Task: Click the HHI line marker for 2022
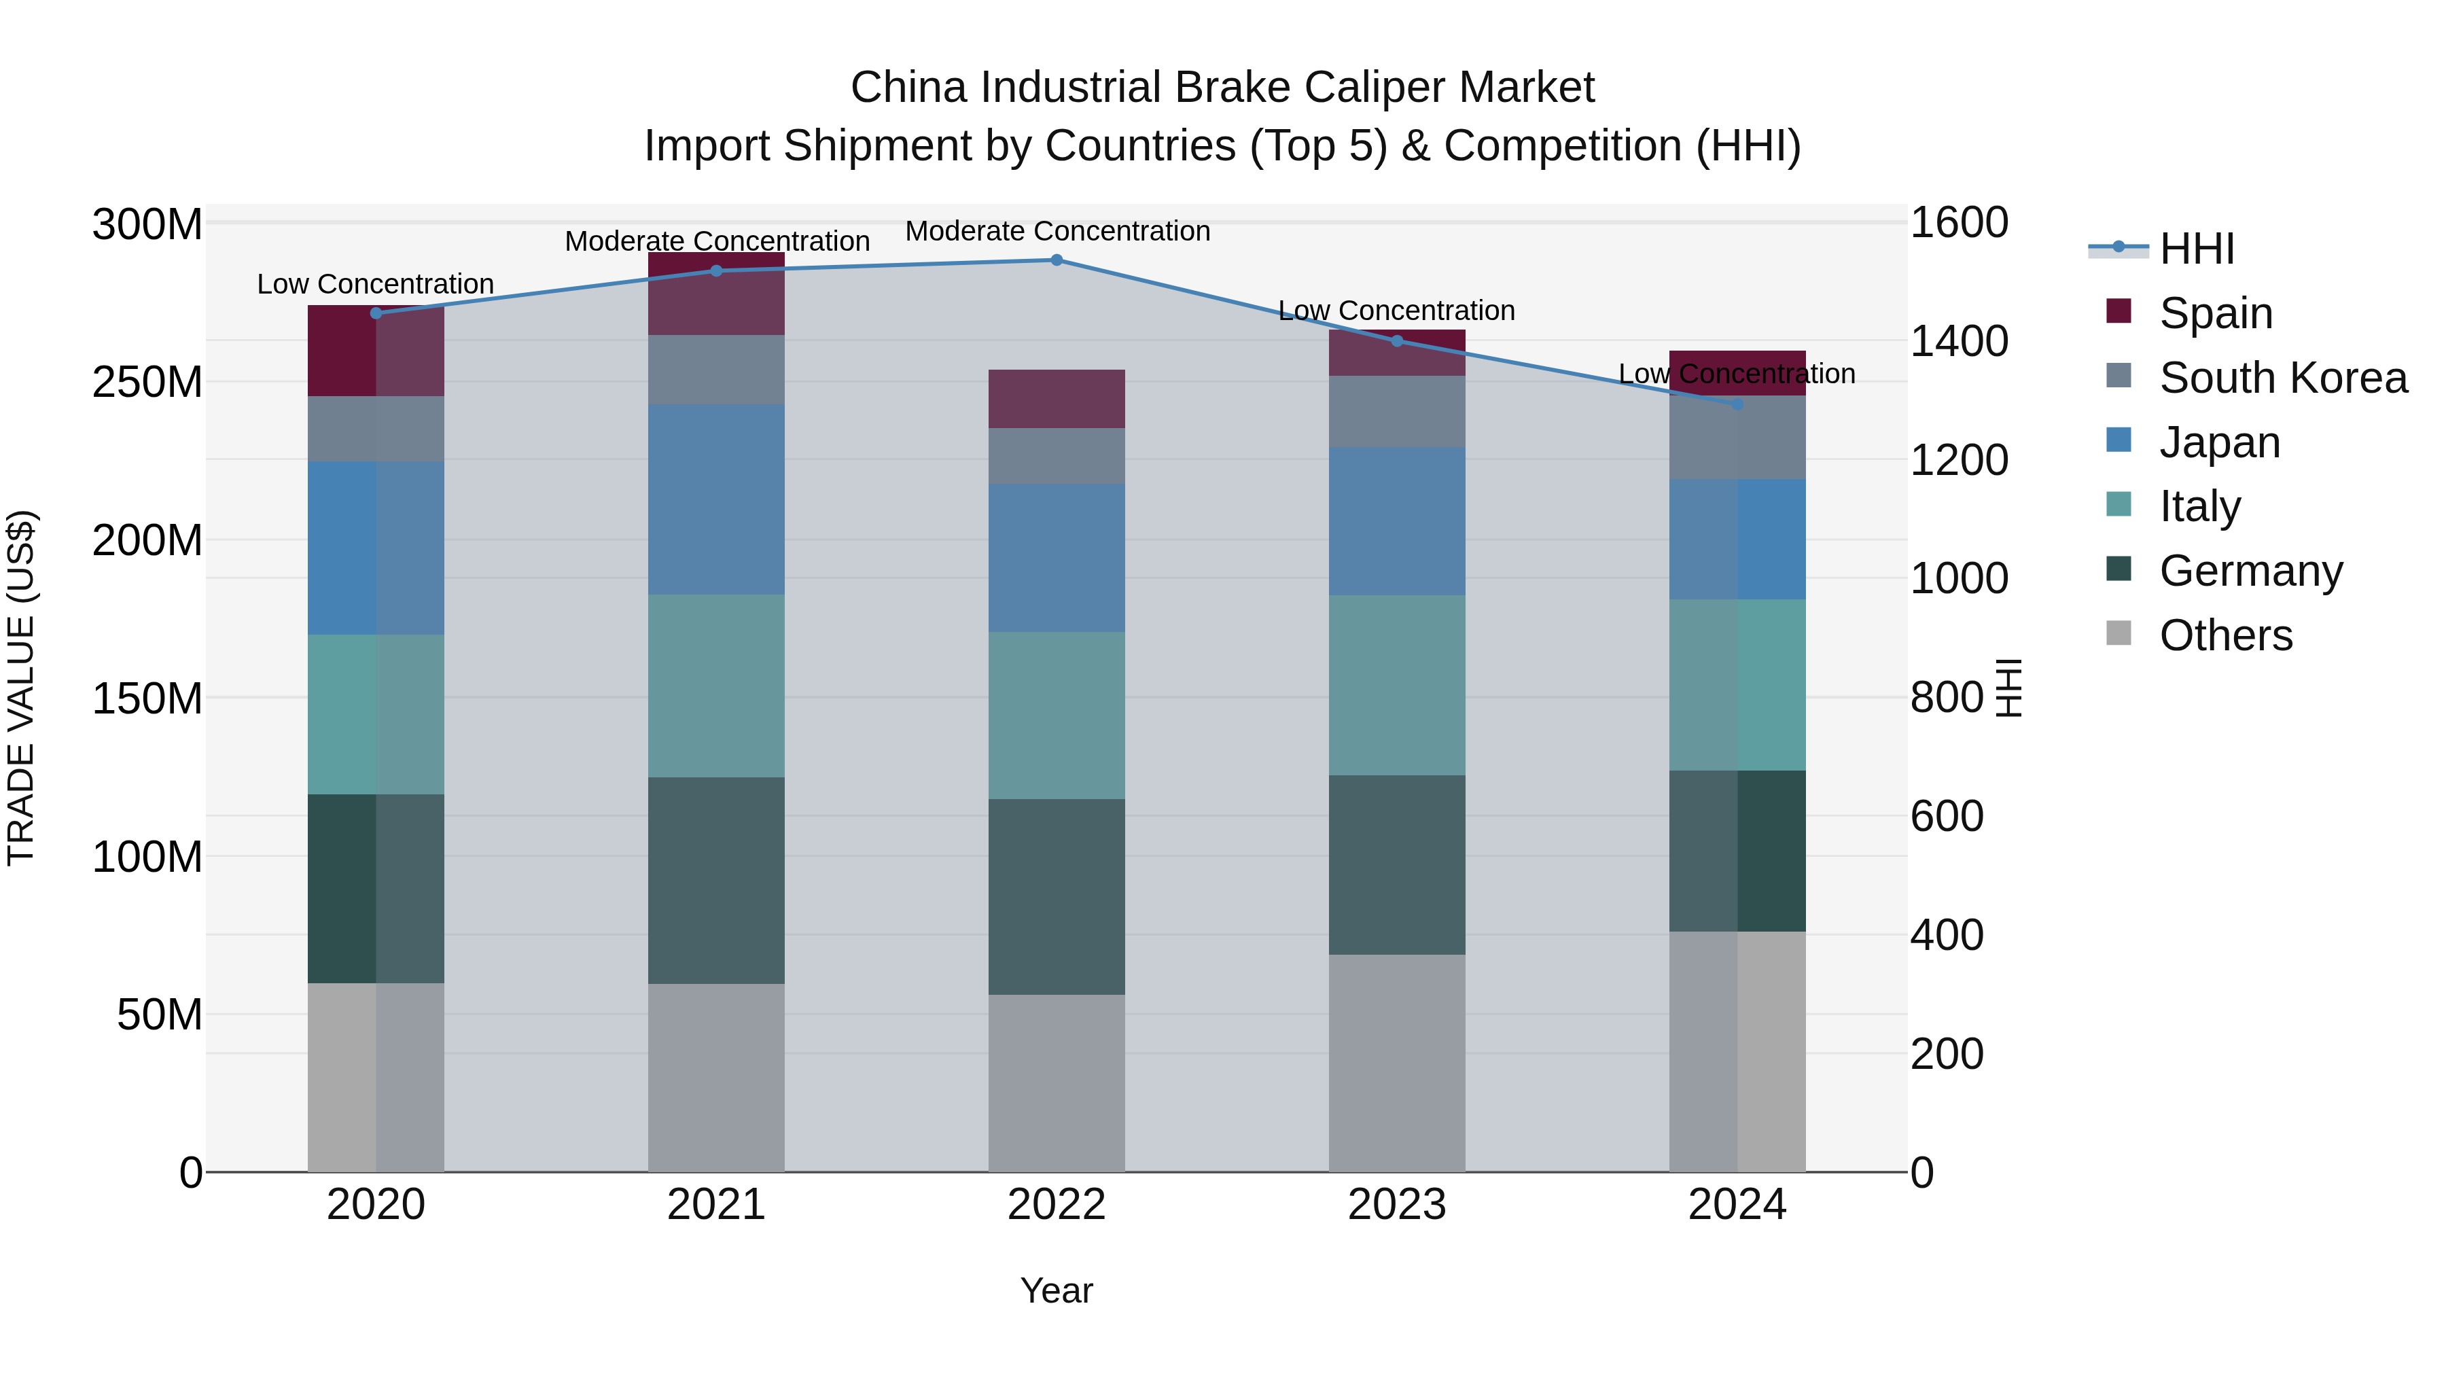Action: (x=1056, y=260)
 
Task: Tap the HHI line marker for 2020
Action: (x=376, y=313)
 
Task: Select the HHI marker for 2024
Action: (x=1737, y=404)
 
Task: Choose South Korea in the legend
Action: (x=2283, y=378)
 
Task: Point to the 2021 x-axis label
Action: (x=716, y=1205)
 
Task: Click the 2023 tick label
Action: (x=1397, y=1205)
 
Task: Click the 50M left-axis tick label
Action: (x=160, y=1015)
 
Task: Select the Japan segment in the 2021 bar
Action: (x=716, y=499)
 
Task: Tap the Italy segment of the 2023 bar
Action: (x=1397, y=685)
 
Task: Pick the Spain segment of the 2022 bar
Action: (x=1056, y=399)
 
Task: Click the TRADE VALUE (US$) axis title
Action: (x=21, y=688)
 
